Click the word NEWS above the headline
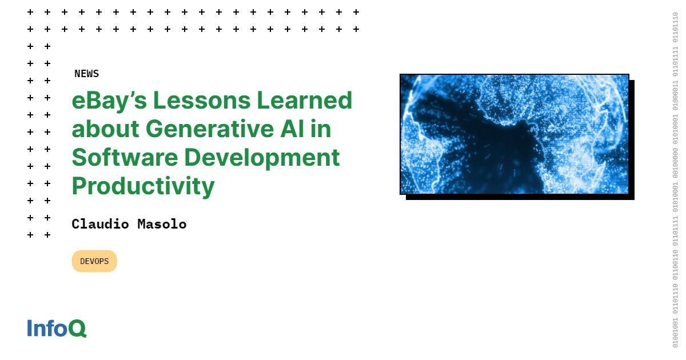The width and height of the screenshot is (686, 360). pyautogui.click(x=86, y=74)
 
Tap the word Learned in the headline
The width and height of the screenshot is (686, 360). pyautogui.click(x=304, y=101)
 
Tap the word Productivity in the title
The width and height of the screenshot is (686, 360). pyautogui.click(x=143, y=186)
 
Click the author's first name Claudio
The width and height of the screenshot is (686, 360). pyautogui.click(x=101, y=224)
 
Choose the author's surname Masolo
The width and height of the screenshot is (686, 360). pyautogui.click(x=162, y=224)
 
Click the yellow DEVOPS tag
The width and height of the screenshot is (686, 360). pyautogui.click(x=94, y=261)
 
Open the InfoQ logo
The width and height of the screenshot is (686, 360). pyautogui.click(x=57, y=328)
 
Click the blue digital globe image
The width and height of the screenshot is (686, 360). pyautogui.click(x=514, y=134)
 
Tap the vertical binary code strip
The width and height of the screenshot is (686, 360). pyautogui.click(x=675, y=180)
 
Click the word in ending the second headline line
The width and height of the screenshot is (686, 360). pyautogui.click(x=322, y=129)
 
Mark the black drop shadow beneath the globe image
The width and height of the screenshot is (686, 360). pyautogui.click(x=520, y=197)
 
